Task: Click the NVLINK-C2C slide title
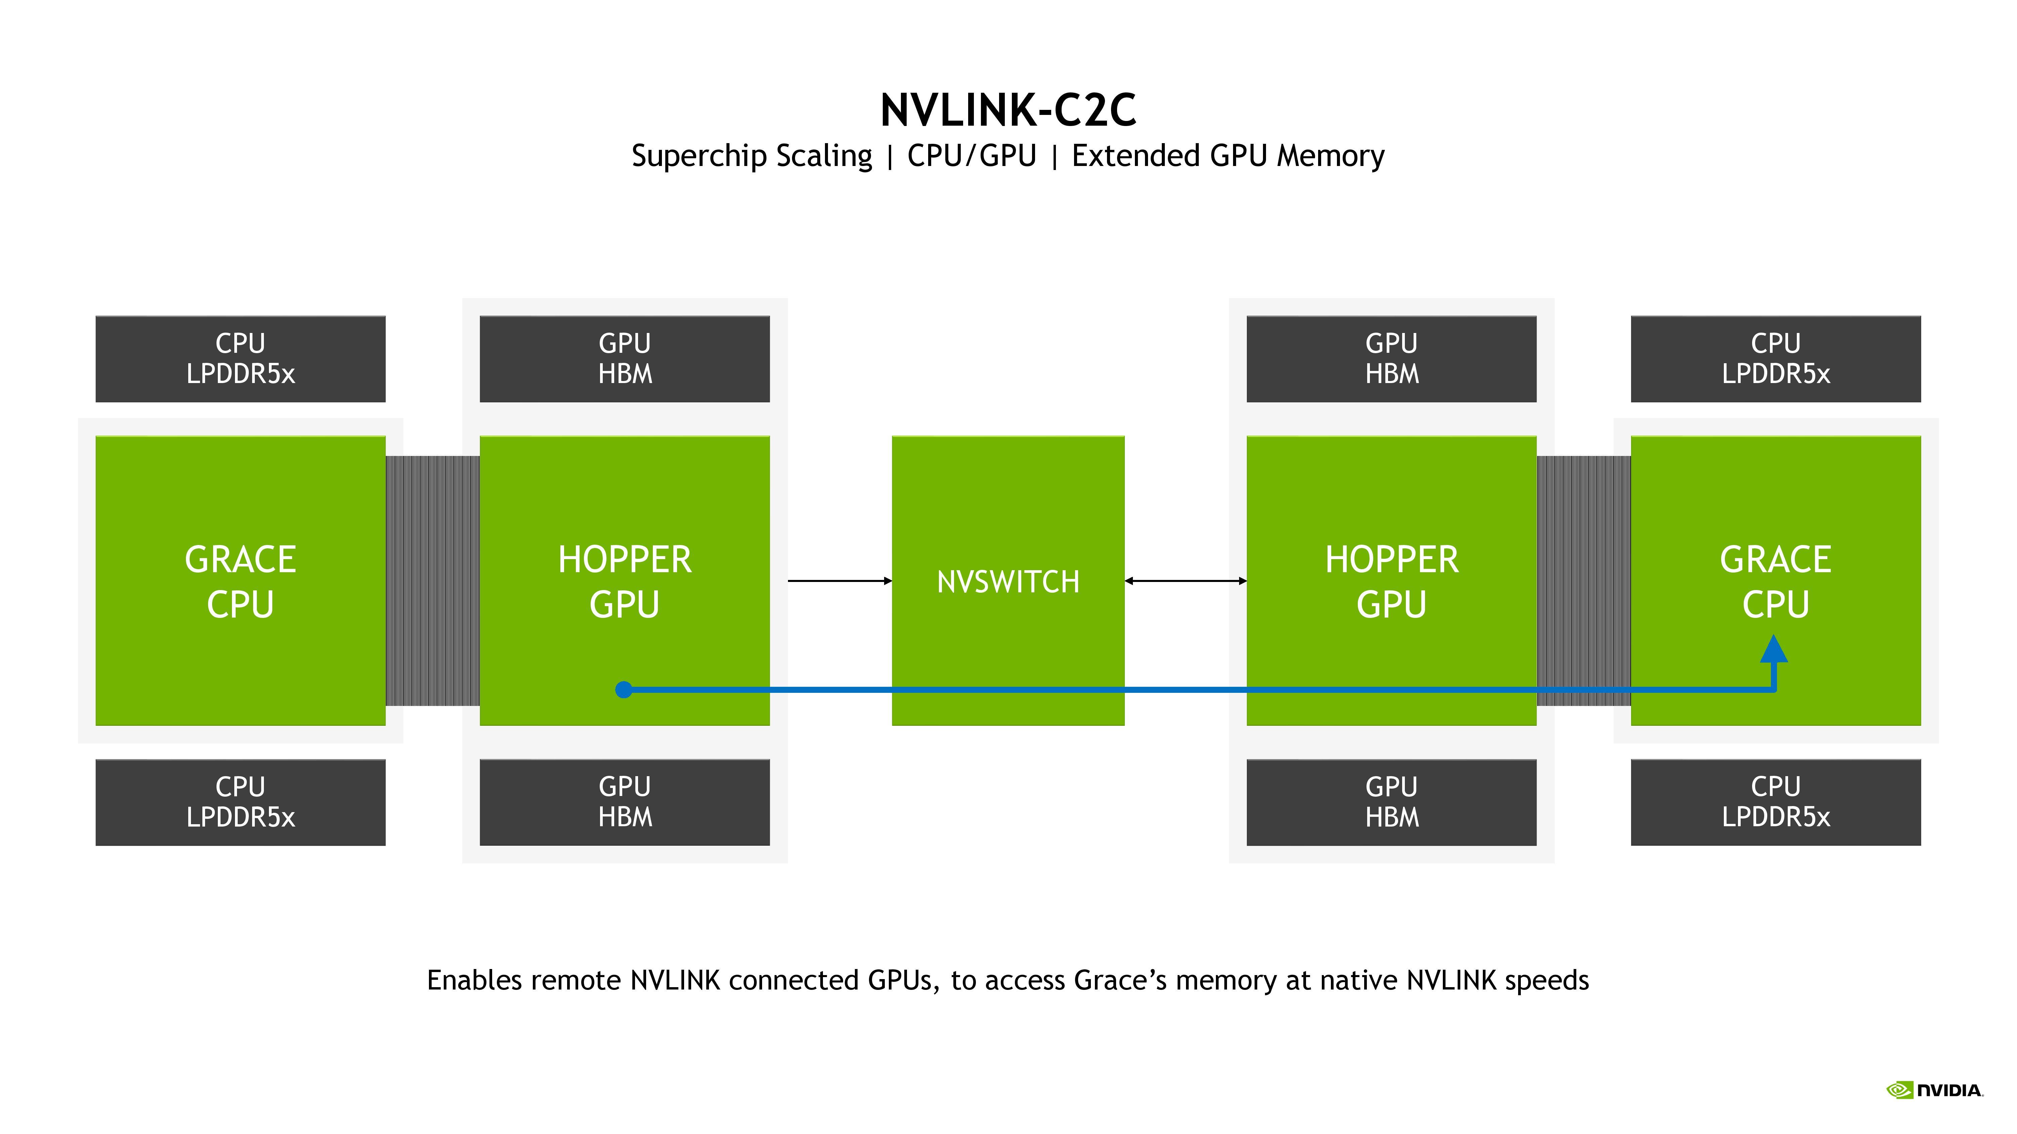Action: click(1008, 110)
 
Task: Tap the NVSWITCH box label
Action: click(1008, 582)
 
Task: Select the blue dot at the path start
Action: click(623, 689)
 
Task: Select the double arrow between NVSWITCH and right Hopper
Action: click(1185, 581)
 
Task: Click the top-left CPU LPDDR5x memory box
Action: click(240, 359)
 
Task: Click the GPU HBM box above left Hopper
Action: click(624, 359)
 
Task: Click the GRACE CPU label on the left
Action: click(240, 582)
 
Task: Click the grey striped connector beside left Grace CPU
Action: click(432, 581)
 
